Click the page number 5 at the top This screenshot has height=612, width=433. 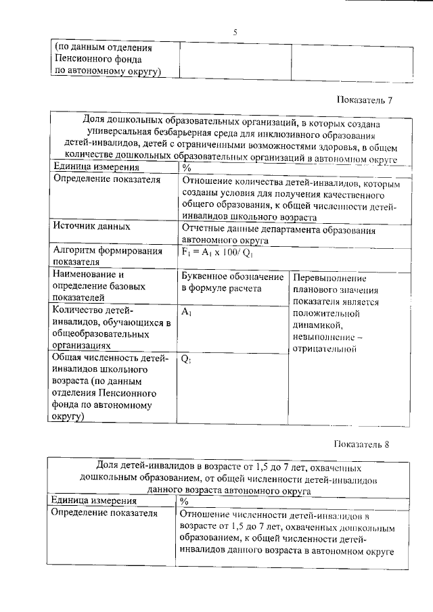coord(235,32)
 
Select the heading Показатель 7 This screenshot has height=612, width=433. coord(365,100)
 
